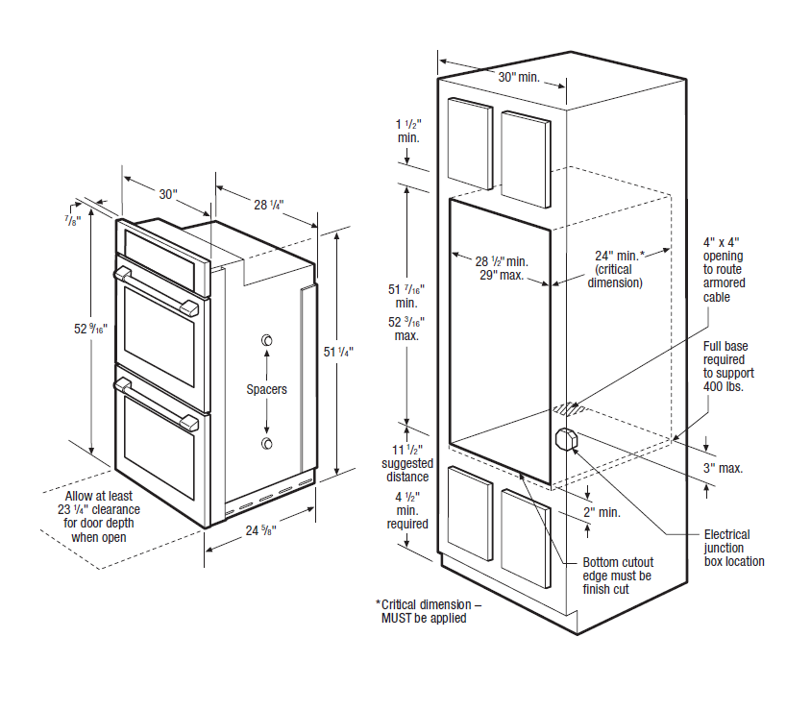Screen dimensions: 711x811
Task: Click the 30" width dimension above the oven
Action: pos(168,194)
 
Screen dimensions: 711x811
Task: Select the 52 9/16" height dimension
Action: pos(90,329)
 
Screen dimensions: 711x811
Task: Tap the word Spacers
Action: pos(266,389)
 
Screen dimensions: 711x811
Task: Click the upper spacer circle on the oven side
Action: pos(266,341)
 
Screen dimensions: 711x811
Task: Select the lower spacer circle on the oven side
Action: pos(266,442)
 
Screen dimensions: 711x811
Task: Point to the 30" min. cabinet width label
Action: pos(518,76)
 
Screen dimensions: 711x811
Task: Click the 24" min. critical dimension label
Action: pos(616,269)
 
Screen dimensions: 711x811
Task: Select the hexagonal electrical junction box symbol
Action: pos(565,439)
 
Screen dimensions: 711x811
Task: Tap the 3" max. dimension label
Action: pos(724,468)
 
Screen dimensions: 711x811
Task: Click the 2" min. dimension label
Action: pos(602,512)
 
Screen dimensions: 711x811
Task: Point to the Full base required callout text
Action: pos(728,366)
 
